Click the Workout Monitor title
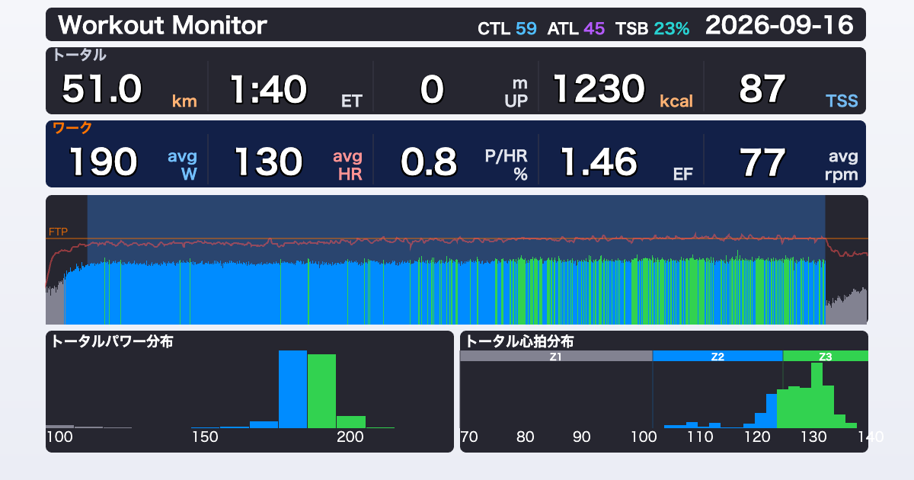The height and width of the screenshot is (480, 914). pyautogui.click(x=162, y=25)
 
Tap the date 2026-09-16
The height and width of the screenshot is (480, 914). pyautogui.click(x=779, y=25)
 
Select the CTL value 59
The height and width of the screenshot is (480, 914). pyautogui.click(x=526, y=29)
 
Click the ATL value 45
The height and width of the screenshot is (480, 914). pyautogui.click(x=594, y=29)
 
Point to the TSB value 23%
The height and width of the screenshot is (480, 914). pyautogui.click(x=672, y=29)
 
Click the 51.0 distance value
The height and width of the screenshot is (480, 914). pyautogui.click(x=101, y=89)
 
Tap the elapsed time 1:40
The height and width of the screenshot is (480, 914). pyautogui.click(x=268, y=89)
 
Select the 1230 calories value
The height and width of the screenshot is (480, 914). pyautogui.click(x=599, y=89)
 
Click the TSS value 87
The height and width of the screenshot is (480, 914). pyautogui.click(x=762, y=89)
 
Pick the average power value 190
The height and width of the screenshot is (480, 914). pyautogui.click(x=104, y=162)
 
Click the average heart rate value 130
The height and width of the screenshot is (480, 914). pyautogui.click(x=268, y=162)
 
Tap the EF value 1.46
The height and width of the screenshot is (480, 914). pyautogui.click(x=599, y=162)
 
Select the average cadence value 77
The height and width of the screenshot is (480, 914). pyautogui.click(x=762, y=162)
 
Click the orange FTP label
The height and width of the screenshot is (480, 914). pyautogui.click(x=58, y=232)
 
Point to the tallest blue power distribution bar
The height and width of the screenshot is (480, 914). pyautogui.click(x=292, y=389)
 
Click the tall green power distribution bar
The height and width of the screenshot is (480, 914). pyautogui.click(x=321, y=391)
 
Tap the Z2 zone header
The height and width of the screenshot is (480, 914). pyautogui.click(x=717, y=357)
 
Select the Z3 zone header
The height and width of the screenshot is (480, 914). pyautogui.click(x=826, y=357)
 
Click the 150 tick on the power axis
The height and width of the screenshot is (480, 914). pyautogui.click(x=205, y=437)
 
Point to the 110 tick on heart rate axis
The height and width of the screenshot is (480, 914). pyautogui.click(x=700, y=437)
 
